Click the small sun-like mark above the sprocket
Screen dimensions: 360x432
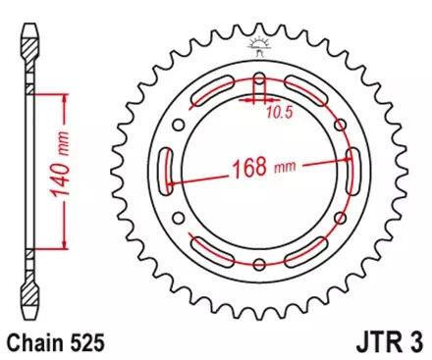click(x=259, y=42)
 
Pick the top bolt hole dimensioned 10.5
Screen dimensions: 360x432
click(x=259, y=79)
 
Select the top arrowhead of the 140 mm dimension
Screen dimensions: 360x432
click(x=65, y=96)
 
